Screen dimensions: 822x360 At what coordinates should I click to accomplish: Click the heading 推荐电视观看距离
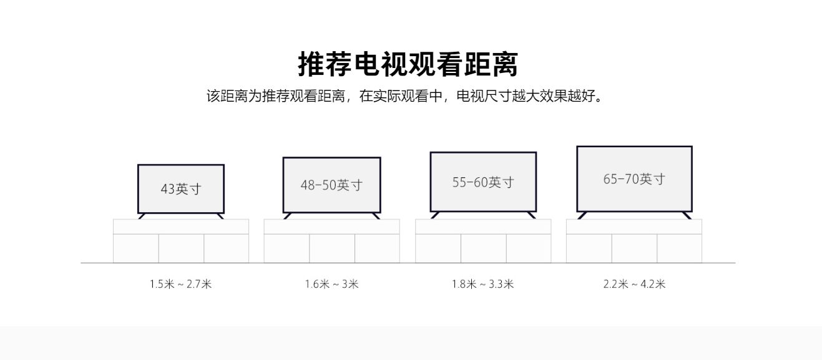pos(408,64)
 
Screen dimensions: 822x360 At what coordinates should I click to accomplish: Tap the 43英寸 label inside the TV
pos(181,188)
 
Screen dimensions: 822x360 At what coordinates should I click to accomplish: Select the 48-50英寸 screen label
pos(331,185)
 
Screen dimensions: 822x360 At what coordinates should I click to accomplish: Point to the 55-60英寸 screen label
pos(483,182)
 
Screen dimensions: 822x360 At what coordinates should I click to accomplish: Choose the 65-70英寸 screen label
pos(634,179)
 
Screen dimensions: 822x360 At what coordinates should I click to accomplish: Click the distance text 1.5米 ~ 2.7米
pos(180,285)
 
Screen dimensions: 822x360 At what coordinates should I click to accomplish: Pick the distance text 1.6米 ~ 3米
pos(331,285)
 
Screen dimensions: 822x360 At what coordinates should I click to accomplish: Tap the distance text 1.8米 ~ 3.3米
pos(482,285)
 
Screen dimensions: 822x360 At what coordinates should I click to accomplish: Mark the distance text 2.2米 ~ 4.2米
pos(634,285)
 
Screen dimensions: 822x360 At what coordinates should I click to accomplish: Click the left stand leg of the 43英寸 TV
pos(142,216)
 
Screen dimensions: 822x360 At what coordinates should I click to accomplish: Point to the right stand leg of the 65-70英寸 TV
pos(687,215)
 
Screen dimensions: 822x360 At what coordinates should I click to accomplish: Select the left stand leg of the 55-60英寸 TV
pos(435,215)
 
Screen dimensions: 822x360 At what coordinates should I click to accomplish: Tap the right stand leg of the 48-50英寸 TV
pos(376,216)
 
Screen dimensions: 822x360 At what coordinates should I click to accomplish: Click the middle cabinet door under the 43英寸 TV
pos(181,248)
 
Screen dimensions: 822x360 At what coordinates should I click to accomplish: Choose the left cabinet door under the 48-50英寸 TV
pos(286,248)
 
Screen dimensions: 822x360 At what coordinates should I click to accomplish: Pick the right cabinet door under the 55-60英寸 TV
pos(528,248)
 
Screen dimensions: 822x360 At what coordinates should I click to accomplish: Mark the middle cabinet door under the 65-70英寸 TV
pos(634,248)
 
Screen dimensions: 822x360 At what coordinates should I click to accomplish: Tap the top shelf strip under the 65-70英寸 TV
pos(634,226)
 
